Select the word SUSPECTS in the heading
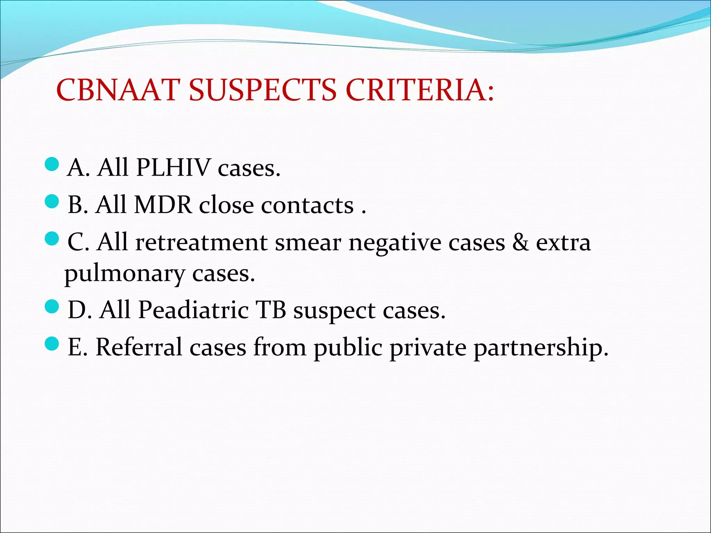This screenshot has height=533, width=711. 263,90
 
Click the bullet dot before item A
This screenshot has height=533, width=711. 52,164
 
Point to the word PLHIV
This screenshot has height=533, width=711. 174,168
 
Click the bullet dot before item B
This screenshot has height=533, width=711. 52,201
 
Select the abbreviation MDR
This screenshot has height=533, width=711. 163,205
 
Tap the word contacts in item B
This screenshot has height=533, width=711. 307,205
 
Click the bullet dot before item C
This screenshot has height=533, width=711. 52,239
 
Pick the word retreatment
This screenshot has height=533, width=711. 201,242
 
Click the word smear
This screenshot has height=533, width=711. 308,242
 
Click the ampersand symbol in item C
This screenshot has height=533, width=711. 521,242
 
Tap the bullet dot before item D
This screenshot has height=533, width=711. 52,307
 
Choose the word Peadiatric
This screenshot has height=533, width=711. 193,310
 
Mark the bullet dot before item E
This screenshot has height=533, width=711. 52,344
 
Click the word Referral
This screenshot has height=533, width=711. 139,347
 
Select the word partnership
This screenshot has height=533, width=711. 541,347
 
